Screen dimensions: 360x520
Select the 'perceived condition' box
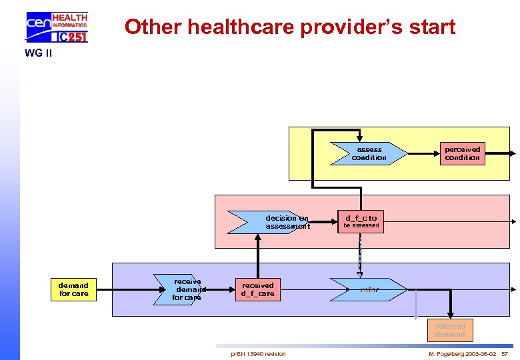[x=462, y=153]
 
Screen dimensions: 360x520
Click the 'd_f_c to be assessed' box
[x=361, y=221]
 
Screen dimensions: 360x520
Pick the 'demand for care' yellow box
[x=73, y=289]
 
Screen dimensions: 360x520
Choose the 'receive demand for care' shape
[x=183, y=289]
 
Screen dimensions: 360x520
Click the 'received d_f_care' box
[x=257, y=289]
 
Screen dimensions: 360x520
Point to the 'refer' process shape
[x=369, y=289]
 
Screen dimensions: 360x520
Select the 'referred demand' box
[x=450, y=330]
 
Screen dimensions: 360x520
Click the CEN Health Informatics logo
[x=57, y=27]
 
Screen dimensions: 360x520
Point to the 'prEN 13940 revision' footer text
[x=258, y=353]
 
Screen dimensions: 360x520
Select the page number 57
[x=504, y=353]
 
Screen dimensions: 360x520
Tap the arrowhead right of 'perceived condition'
[x=513, y=153]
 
